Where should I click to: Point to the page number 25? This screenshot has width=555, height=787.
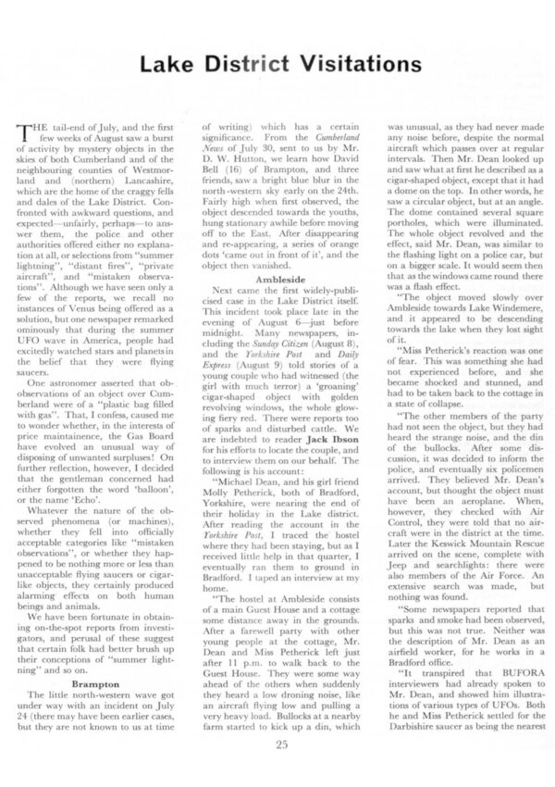tap(277, 742)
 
